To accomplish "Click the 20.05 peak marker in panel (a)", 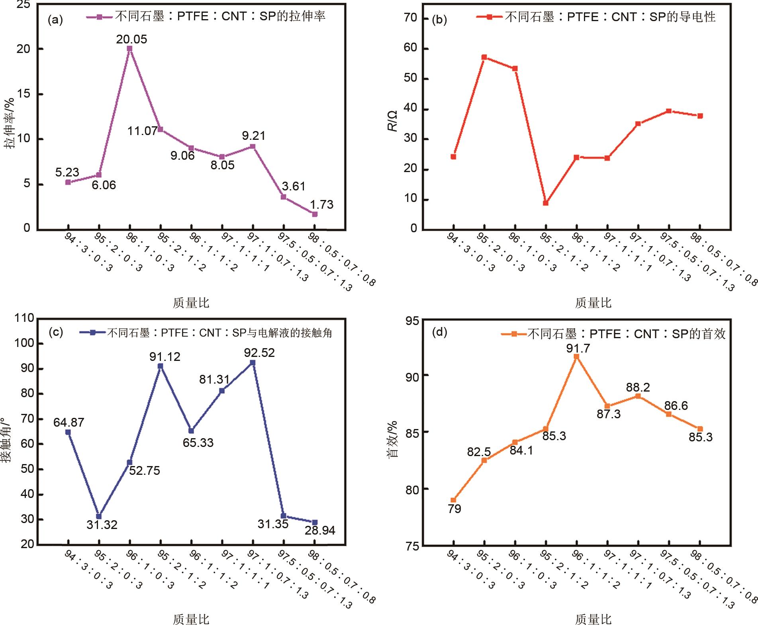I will (x=129, y=49).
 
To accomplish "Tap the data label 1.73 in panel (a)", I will (x=321, y=204).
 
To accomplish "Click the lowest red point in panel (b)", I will (x=546, y=203).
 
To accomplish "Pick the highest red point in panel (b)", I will (x=484, y=57).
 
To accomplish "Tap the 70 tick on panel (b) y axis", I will (x=410, y=18).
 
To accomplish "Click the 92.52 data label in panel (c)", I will (x=259, y=353).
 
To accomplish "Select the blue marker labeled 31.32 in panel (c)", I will (x=99, y=516).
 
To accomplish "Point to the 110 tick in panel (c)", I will (x=24, y=318).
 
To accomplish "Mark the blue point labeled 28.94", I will (x=315, y=522).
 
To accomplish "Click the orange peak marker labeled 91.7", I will (x=576, y=357).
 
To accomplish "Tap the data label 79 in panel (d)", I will (x=454, y=509).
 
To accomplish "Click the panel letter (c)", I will (x=55, y=332).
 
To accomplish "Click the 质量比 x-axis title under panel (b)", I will (x=593, y=303).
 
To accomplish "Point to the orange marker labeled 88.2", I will (x=638, y=396).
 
